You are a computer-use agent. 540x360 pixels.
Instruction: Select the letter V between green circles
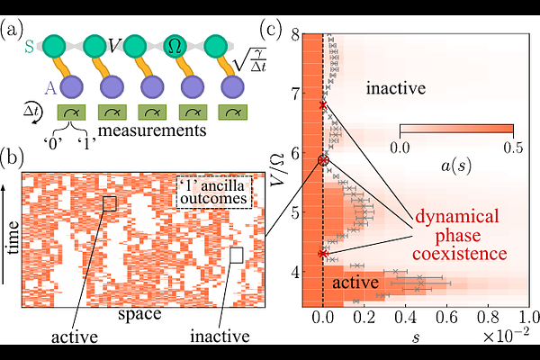114,40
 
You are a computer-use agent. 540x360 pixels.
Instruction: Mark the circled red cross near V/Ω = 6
324,160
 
